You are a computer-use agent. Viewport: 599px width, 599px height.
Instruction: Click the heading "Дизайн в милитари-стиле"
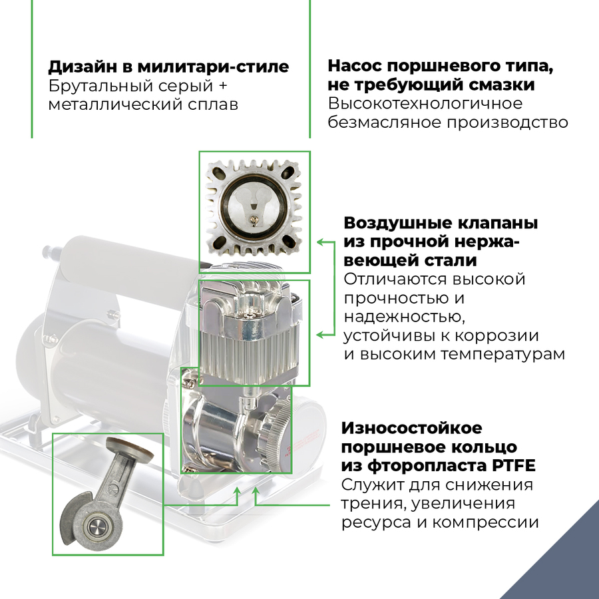pyautogui.click(x=168, y=67)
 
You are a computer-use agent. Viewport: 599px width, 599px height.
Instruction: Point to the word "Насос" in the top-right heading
pyautogui.click(x=355, y=67)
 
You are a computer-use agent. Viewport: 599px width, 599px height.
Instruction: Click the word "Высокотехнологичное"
pyautogui.click(x=425, y=104)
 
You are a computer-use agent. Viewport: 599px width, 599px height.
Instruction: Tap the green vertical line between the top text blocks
pyautogui.click(x=310, y=67)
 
